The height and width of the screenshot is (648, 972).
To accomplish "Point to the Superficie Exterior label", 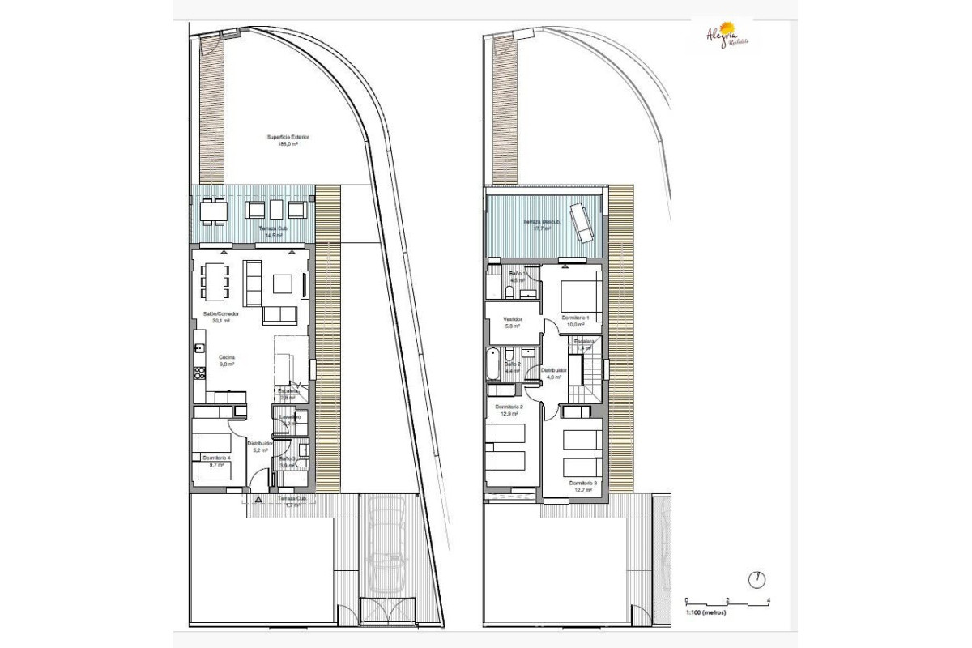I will tap(288, 139).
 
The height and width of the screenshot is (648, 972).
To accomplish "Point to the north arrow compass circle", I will tap(758, 580).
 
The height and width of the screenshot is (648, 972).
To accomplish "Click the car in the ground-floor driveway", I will tap(386, 551).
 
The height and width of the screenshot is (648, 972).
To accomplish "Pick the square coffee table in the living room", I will tap(283, 283).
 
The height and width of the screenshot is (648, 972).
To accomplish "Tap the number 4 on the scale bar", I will tap(768, 600).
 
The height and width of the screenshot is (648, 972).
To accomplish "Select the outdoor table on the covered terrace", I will tap(215, 210).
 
